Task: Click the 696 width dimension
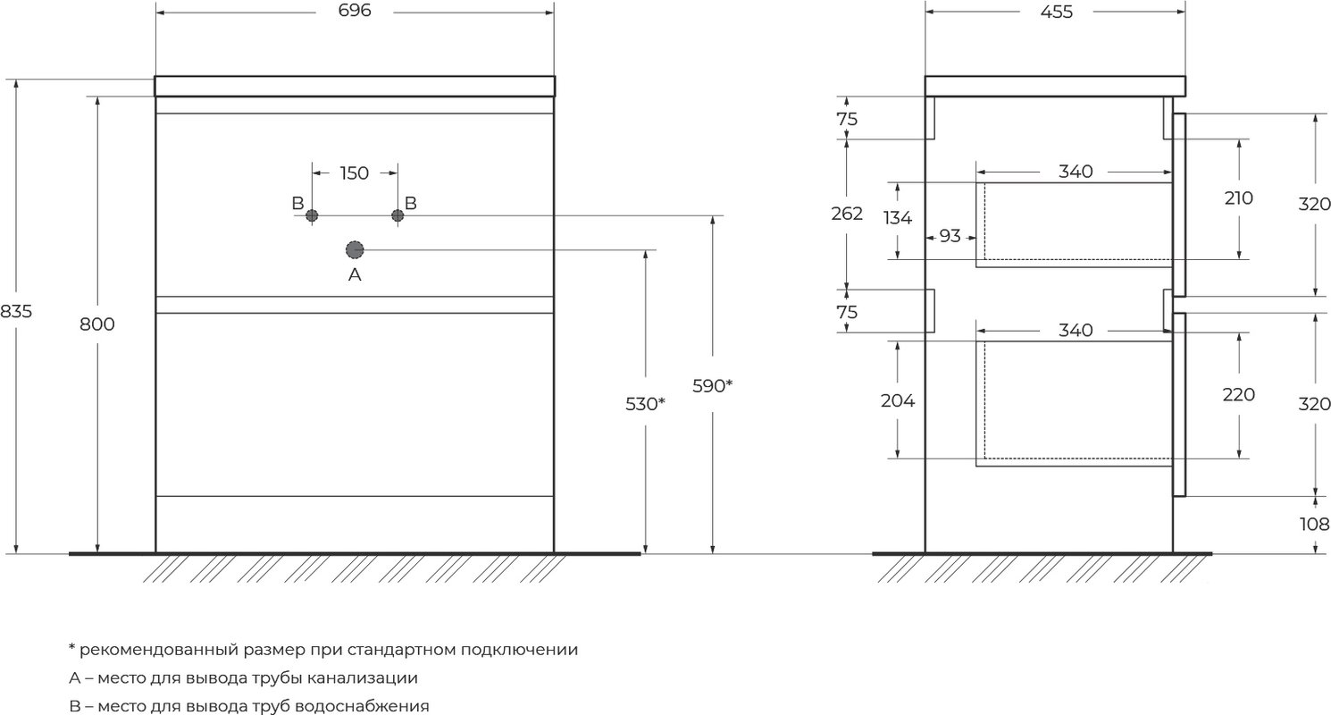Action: [355, 11]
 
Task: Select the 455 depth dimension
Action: [1057, 12]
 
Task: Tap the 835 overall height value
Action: [16, 311]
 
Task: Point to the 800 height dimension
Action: [96, 324]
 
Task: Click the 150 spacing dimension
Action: [354, 173]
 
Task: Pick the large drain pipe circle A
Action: [355, 250]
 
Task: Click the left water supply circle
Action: [312, 215]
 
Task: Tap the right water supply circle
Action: [398, 215]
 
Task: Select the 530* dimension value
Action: [645, 404]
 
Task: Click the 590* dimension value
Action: [713, 386]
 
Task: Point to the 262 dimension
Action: [847, 214]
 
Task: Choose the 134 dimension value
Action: [897, 218]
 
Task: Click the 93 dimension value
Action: [950, 236]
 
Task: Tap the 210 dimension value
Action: [1238, 198]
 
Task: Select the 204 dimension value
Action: [898, 401]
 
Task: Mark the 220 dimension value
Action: [1238, 394]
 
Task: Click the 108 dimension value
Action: [1314, 525]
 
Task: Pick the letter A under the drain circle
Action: [355, 274]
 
